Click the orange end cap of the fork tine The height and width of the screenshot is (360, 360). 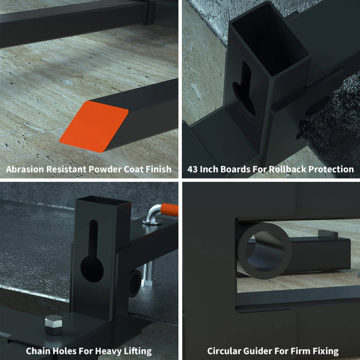tap(94, 127)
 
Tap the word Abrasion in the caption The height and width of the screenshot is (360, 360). tap(25, 169)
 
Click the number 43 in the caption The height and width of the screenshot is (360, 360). tap(192, 169)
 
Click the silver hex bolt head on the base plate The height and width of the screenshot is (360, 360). tap(54, 325)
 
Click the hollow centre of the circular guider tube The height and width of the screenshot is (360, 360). tap(265, 252)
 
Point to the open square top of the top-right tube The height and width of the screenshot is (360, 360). tap(269, 39)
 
